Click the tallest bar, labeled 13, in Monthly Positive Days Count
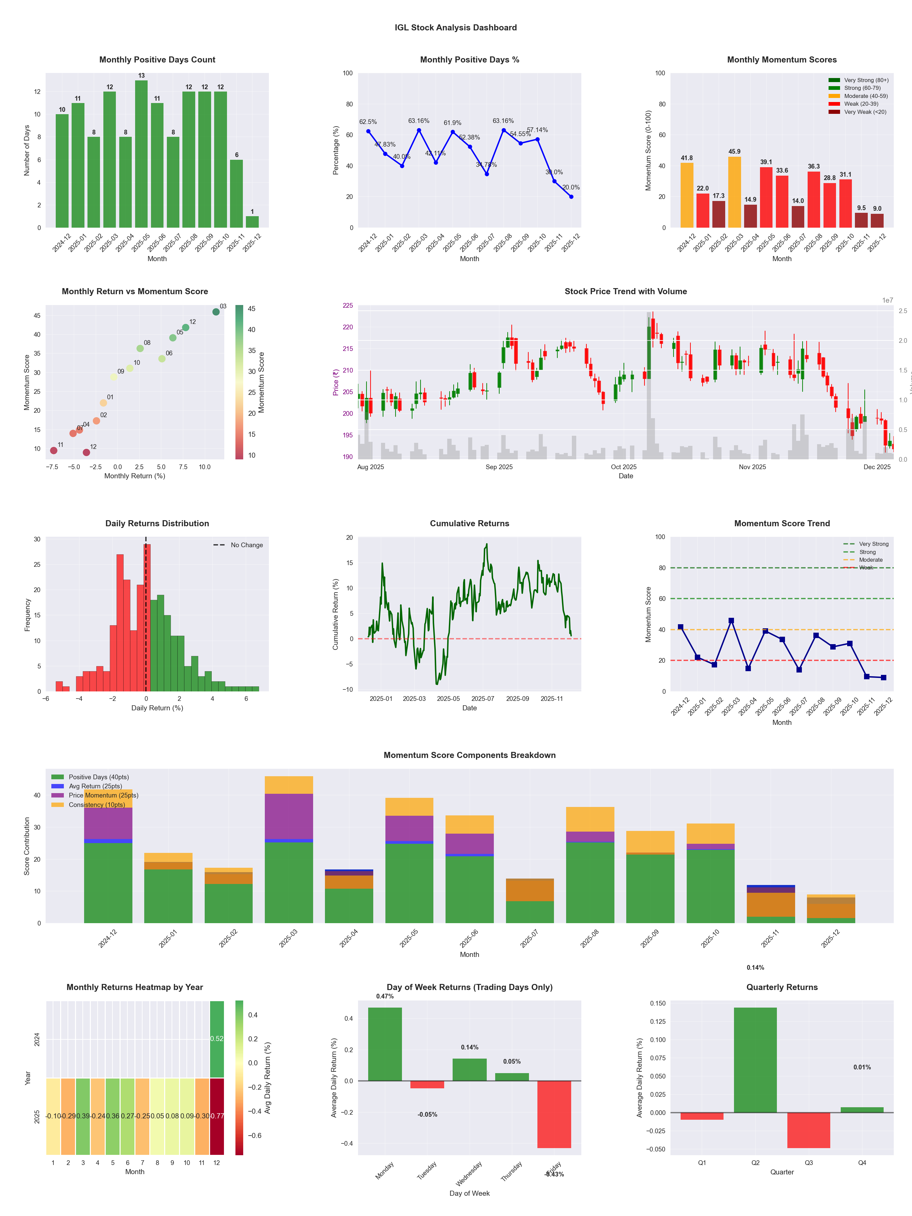(x=141, y=154)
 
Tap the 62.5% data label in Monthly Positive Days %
(x=368, y=122)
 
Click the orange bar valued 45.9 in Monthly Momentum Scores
(x=734, y=193)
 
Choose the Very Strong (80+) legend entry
(x=865, y=80)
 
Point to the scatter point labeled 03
(x=216, y=312)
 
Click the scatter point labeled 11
(x=54, y=450)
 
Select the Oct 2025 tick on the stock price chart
(x=624, y=467)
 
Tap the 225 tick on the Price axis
(x=348, y=306)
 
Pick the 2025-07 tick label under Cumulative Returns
(x=483, y=699)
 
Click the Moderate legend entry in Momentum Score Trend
(x=870, y=560)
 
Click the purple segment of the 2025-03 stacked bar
(x=288, y=816)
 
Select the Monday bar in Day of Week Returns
(x=385, y=1044)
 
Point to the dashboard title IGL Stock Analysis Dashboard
(x=456, y=27)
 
